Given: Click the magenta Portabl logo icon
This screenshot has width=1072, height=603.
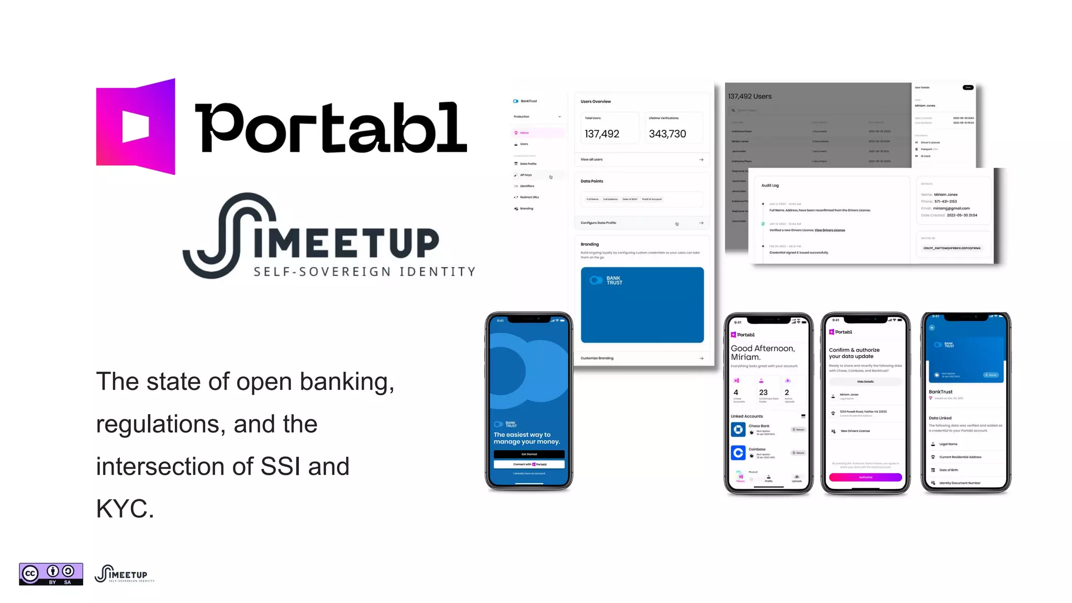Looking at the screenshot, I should coord(136,126).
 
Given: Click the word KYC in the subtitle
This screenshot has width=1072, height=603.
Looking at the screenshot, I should coord(125,508).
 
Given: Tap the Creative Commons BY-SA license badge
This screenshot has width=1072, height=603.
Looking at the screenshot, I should coord(51,574).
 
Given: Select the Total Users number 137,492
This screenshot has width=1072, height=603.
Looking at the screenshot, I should coord(602,134).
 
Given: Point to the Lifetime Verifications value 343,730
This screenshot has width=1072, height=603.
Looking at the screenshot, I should coord(667,134).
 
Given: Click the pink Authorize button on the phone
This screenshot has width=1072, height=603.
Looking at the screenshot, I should coord(865,477).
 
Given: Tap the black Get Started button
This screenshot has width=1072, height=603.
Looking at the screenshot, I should coord(529,454).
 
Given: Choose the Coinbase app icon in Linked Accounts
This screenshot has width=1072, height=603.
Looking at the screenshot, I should coord(738,452).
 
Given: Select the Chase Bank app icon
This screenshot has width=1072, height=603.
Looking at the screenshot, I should coord(738,430).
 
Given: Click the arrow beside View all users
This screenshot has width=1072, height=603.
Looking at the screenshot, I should coord(701,160).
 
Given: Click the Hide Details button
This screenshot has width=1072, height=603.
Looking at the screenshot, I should coord(865,382).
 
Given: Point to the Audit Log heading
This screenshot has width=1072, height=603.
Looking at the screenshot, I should coord(770,185).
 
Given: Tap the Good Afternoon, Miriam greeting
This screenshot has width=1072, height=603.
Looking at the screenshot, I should coord(763,352).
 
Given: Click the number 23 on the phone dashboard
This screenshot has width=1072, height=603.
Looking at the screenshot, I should coord(763,393).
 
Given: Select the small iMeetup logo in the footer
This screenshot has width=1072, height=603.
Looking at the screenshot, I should coord(125,574).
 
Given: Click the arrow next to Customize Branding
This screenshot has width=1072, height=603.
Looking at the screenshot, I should coord(701,359).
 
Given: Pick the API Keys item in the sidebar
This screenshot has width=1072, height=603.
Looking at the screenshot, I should coord(526,175).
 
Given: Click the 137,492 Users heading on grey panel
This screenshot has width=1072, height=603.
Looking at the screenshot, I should coord(750,96).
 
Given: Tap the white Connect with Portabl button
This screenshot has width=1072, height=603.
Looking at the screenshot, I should coord(529,464).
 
